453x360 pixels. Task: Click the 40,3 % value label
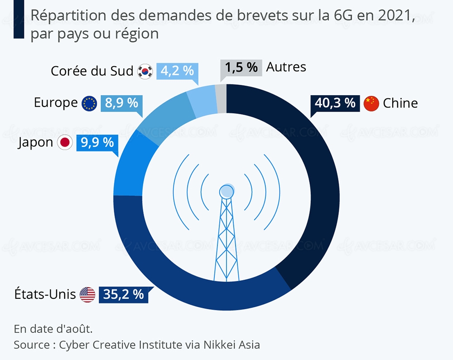pyautogui.click(x=335, y=103)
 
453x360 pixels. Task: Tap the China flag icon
pyautogui.click(x=371, y=103)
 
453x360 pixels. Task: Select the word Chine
pyautogui.click(x=400, y=103)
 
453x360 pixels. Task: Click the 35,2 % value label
pyautogui.click(x=123, y=295)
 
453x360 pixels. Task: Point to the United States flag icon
pyautogui.click(x=87, y=295)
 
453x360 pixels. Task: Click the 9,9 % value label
pyautogui.click(x=97, y=143)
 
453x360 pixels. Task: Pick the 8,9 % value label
pyautogui.click(x=121, y=103)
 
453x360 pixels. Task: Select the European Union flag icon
pyautogui.click(x=89, y=104)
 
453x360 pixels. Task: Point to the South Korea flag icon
pyautogui.click(x=146, y=72)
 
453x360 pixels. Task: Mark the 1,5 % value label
pyautogui.click(x=241, y=68)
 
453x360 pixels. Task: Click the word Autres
pyautogui.click(x=286, y=67)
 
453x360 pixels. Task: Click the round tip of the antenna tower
pyautogui.click(x=226, y=192)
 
